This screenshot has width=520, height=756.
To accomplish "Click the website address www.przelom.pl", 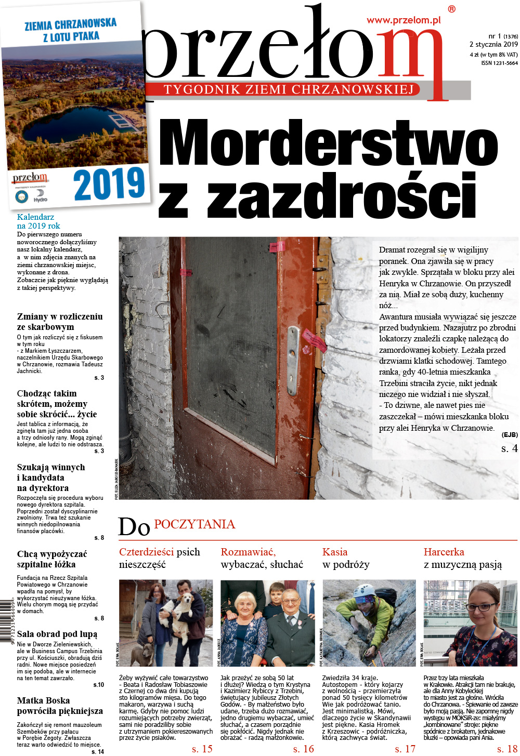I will click(x=404, y=20).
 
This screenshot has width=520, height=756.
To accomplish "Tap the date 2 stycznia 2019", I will click(x=493, y=45).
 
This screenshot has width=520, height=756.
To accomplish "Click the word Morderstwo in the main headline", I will click(x=328, y=145).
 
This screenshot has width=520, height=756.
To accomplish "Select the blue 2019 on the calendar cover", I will click(x=109, y=184).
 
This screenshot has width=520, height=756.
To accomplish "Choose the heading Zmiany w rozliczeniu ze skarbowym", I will click(x=59, y=322).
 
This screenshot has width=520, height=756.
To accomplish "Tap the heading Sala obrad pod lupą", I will click(x=57, y=634).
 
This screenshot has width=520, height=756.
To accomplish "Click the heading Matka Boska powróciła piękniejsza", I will click(x=60, y=706).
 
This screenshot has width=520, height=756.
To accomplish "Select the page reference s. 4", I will click(x=509, y=448).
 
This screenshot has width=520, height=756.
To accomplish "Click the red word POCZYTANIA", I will click(x=194, y=524).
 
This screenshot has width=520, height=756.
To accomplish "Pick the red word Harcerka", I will click(x=444, y=552).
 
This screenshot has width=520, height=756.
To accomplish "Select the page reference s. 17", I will click(x=405, y=749).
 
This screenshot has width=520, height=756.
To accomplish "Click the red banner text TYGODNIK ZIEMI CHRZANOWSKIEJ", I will click(x=289, y=89).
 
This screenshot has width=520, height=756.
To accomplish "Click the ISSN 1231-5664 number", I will click(x=499, y=63).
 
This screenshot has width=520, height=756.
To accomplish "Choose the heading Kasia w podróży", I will click(x=346, y=558).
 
